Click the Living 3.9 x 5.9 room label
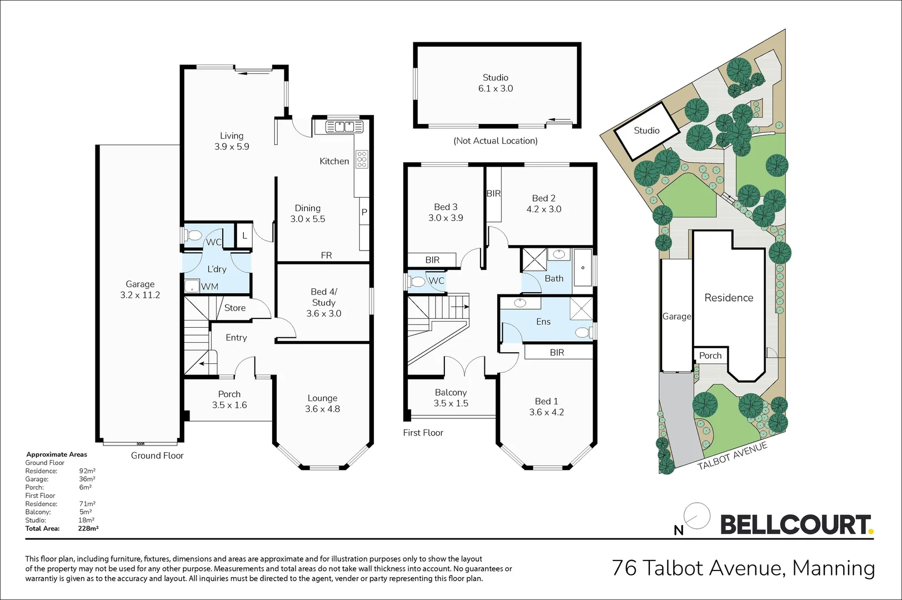[232, 141]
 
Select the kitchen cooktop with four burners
[362, 159]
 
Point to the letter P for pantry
[364, 212]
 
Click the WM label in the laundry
[209, 287]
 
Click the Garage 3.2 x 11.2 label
[140, 289]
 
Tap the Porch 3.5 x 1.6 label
[229, 399]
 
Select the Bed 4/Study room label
[324, 302]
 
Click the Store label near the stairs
[235, 308]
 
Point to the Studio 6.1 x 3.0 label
[495, 83]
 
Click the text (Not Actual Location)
[495, 141]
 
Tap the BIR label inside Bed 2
[494, 193]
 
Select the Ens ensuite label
[543, 322]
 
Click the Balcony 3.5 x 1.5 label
[450, 398]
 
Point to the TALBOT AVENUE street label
[732, 456]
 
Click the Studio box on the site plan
[647, 131]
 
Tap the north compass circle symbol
[697, 516]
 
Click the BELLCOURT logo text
[795, 525]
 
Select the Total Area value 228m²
[88, 528]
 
